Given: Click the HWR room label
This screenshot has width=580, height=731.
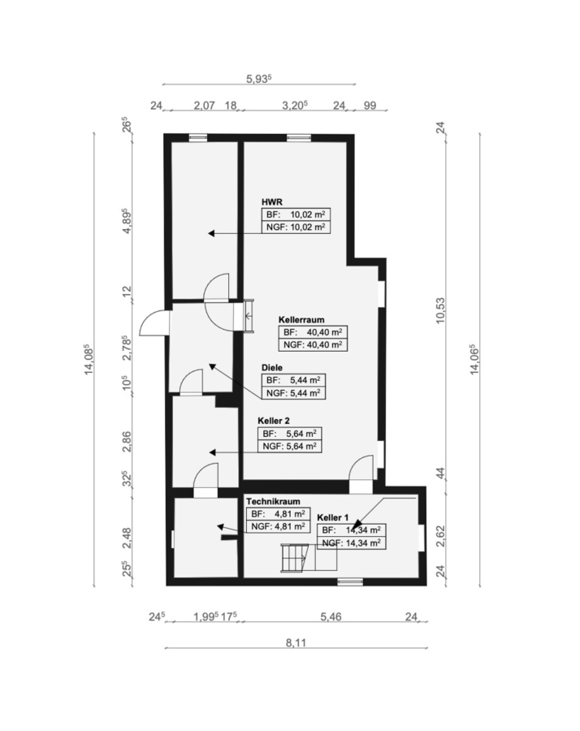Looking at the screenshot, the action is pos(272,202).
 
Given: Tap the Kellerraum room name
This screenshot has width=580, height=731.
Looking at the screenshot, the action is pos(301,320).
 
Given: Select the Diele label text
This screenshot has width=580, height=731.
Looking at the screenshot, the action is pos(272,368).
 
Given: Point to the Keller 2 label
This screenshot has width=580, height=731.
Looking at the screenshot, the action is pos(274,421).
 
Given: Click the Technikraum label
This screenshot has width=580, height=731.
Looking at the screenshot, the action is pos(273,502).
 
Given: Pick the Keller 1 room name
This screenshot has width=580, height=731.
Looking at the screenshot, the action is pos(333,517).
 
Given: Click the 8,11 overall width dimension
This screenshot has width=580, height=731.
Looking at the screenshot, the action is pos(296,643).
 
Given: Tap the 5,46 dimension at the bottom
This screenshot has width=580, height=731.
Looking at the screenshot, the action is pos(331,616).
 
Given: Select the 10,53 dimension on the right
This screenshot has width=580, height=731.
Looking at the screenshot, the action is pos(440,310).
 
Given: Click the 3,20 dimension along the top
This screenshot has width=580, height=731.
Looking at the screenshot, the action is pos(295,106).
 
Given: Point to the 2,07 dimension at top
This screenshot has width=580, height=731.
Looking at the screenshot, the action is pos(204,106).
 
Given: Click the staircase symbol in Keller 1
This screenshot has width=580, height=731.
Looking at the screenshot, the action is pos(294,558).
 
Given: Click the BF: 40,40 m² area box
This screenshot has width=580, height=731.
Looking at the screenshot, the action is pos(313,332).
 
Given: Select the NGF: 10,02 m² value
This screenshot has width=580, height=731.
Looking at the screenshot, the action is pos(296,227).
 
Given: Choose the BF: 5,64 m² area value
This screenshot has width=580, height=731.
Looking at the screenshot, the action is pos(289,434).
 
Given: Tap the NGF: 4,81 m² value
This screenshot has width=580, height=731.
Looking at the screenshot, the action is pos(278,526).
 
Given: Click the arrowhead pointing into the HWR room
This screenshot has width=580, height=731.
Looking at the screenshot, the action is pos(211,233).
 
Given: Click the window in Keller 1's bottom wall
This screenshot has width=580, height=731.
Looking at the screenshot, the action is pos(350,582).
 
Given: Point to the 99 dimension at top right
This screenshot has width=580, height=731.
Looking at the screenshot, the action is pos(370,106).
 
